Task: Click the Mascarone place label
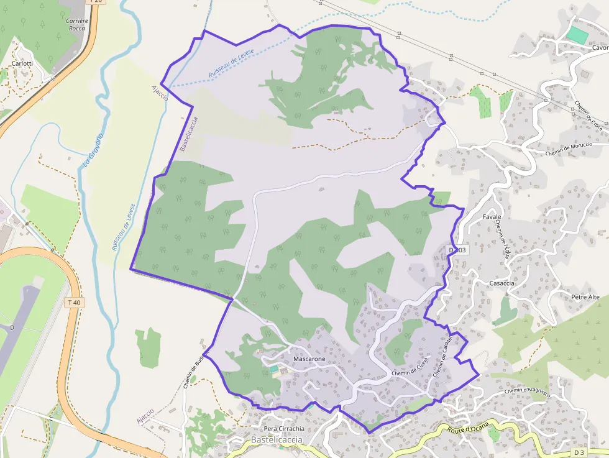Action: pyautogui.click(x=309, y=359)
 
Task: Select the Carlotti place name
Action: pyautogui.click(x=22, y=63)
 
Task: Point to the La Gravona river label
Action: pyautogui.click(x=93, y=150)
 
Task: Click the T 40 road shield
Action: pyautogui.click(x=73, y=303)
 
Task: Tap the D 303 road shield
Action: pyautogui.click(x=457, y=250)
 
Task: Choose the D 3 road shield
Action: pyautogui.click(x=579, y=451)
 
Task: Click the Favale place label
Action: pyautogui.click(x=492, y=217)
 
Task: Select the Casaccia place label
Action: pyautogui.click(x=502, y=283)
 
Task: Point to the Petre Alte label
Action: pyautogui.click(x=585, y=297)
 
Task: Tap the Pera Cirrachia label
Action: pyautogui.click(x=284, y=429)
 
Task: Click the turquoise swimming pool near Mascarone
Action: pyautogui.click(x=274, y=369)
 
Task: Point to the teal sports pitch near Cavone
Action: pyautogui.click(x=578, y=35)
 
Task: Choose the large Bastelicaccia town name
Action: pyautogui.click(x=277, y=440)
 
